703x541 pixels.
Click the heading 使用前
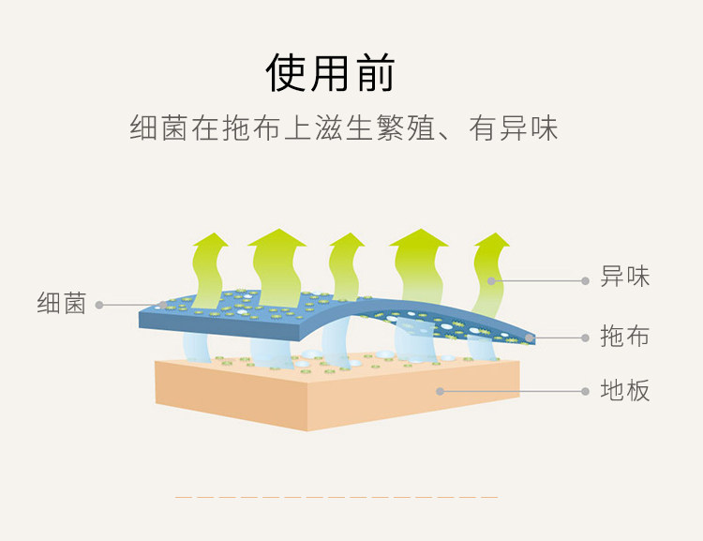331,72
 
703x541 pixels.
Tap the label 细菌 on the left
62,304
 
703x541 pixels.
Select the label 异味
624,277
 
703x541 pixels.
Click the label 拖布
624,336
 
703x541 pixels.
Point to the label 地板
624,390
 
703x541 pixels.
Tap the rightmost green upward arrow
489,267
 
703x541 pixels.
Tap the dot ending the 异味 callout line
490,278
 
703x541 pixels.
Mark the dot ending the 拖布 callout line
530,338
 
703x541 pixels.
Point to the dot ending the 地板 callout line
440,391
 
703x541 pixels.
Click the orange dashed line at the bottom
337,497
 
